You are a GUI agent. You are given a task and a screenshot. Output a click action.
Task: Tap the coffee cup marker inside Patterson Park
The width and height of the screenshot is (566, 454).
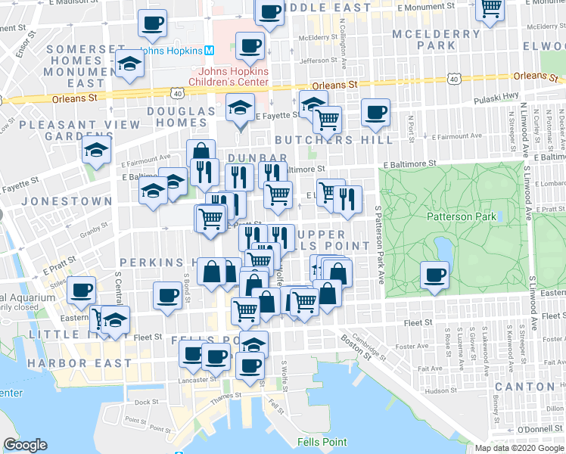(x=434, y=275)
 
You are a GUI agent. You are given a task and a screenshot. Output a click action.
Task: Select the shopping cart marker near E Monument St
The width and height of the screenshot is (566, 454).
(x=491, y=8)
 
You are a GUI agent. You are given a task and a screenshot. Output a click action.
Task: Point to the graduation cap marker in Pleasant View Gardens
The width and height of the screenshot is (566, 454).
(x=97, y=151)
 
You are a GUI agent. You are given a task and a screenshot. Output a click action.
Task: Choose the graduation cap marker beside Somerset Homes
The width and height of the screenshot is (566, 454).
(x=131, y=65)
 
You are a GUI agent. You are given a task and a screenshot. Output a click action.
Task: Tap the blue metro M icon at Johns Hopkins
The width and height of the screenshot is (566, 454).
(x=209, y=51)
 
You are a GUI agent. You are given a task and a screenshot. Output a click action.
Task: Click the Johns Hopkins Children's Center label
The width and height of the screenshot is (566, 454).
(x=228, y=77)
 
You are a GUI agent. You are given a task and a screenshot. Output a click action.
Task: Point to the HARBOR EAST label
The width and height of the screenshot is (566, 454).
(x=64, y=364)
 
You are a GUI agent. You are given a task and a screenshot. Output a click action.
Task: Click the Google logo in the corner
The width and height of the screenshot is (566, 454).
(x=25, y=445)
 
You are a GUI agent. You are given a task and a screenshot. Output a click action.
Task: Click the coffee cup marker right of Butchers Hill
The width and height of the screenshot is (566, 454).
(x=375, y=113)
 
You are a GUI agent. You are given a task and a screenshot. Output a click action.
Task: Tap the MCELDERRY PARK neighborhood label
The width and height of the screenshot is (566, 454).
(x=437, y=39)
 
